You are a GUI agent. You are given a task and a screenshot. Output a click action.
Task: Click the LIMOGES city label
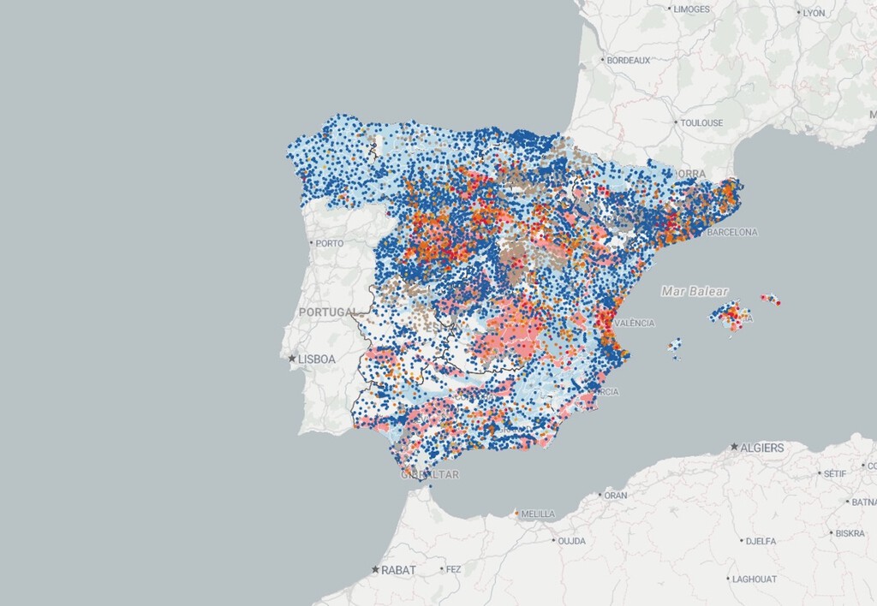[x=691, y=9]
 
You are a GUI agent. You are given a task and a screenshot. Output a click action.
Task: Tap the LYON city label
[x=813, y=13]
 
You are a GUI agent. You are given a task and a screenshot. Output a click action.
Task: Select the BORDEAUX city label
[x=629, y=61]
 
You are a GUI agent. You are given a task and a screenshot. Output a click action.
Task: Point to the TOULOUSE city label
[x=701, y=123]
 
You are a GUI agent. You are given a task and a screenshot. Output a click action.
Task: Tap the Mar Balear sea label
[x=694, y=292]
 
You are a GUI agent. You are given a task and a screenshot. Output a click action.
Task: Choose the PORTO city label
[x=329, y=244]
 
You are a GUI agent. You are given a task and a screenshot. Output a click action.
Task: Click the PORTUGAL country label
[x=327, y=312]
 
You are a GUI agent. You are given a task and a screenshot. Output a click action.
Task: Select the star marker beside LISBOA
[x=293, y=359]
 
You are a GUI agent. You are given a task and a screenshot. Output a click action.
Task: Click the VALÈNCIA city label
[x=635, y=323]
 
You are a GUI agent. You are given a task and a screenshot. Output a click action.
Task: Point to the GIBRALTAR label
[x=431, y=474]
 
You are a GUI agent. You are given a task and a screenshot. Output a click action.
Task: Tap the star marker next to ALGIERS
[x=735, y=447]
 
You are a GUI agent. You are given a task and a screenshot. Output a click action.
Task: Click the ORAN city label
[x=615, y=495]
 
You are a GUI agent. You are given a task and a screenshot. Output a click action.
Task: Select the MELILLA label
[x=538, y=514]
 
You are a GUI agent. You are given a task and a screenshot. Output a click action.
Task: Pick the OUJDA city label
[x=570, y=541]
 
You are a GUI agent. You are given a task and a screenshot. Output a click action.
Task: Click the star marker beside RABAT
[x=375, y=569]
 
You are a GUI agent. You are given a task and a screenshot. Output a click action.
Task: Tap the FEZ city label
[x=453, y=569]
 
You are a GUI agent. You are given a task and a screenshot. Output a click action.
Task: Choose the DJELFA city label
[x=760, y=541]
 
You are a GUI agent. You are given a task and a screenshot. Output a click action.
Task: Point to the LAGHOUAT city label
[x=754, y=579]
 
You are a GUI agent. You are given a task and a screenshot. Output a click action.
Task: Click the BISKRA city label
[x=850, y=533]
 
